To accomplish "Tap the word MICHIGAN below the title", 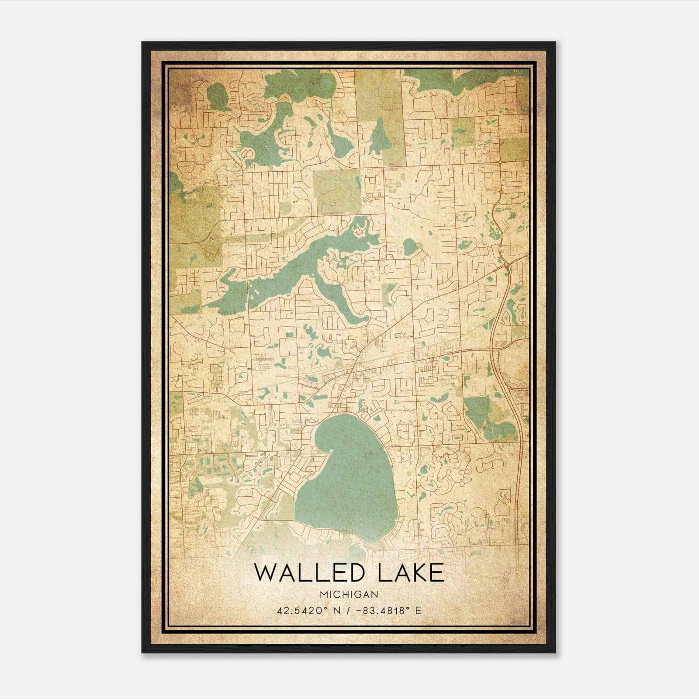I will coord(349,595).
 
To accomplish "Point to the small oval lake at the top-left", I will coord(217,97).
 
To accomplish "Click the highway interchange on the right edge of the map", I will coord(505,264).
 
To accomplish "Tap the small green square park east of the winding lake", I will coord(390,292).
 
